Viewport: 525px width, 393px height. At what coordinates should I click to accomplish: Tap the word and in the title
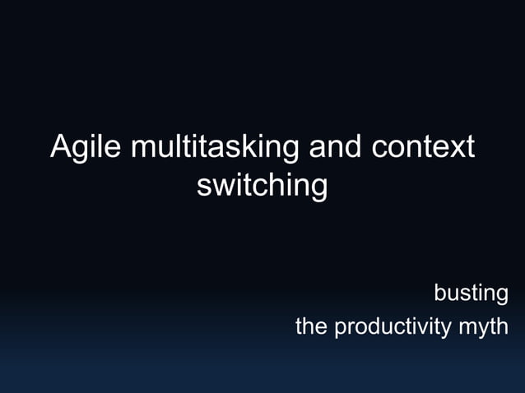coord(335,147)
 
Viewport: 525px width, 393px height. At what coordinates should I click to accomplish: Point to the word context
coord(424,147)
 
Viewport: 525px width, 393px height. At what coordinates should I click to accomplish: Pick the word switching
coord(262,185)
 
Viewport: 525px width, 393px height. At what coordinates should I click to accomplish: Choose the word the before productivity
coord(311,326)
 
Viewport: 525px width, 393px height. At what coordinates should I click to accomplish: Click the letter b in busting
coord(440,293)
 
